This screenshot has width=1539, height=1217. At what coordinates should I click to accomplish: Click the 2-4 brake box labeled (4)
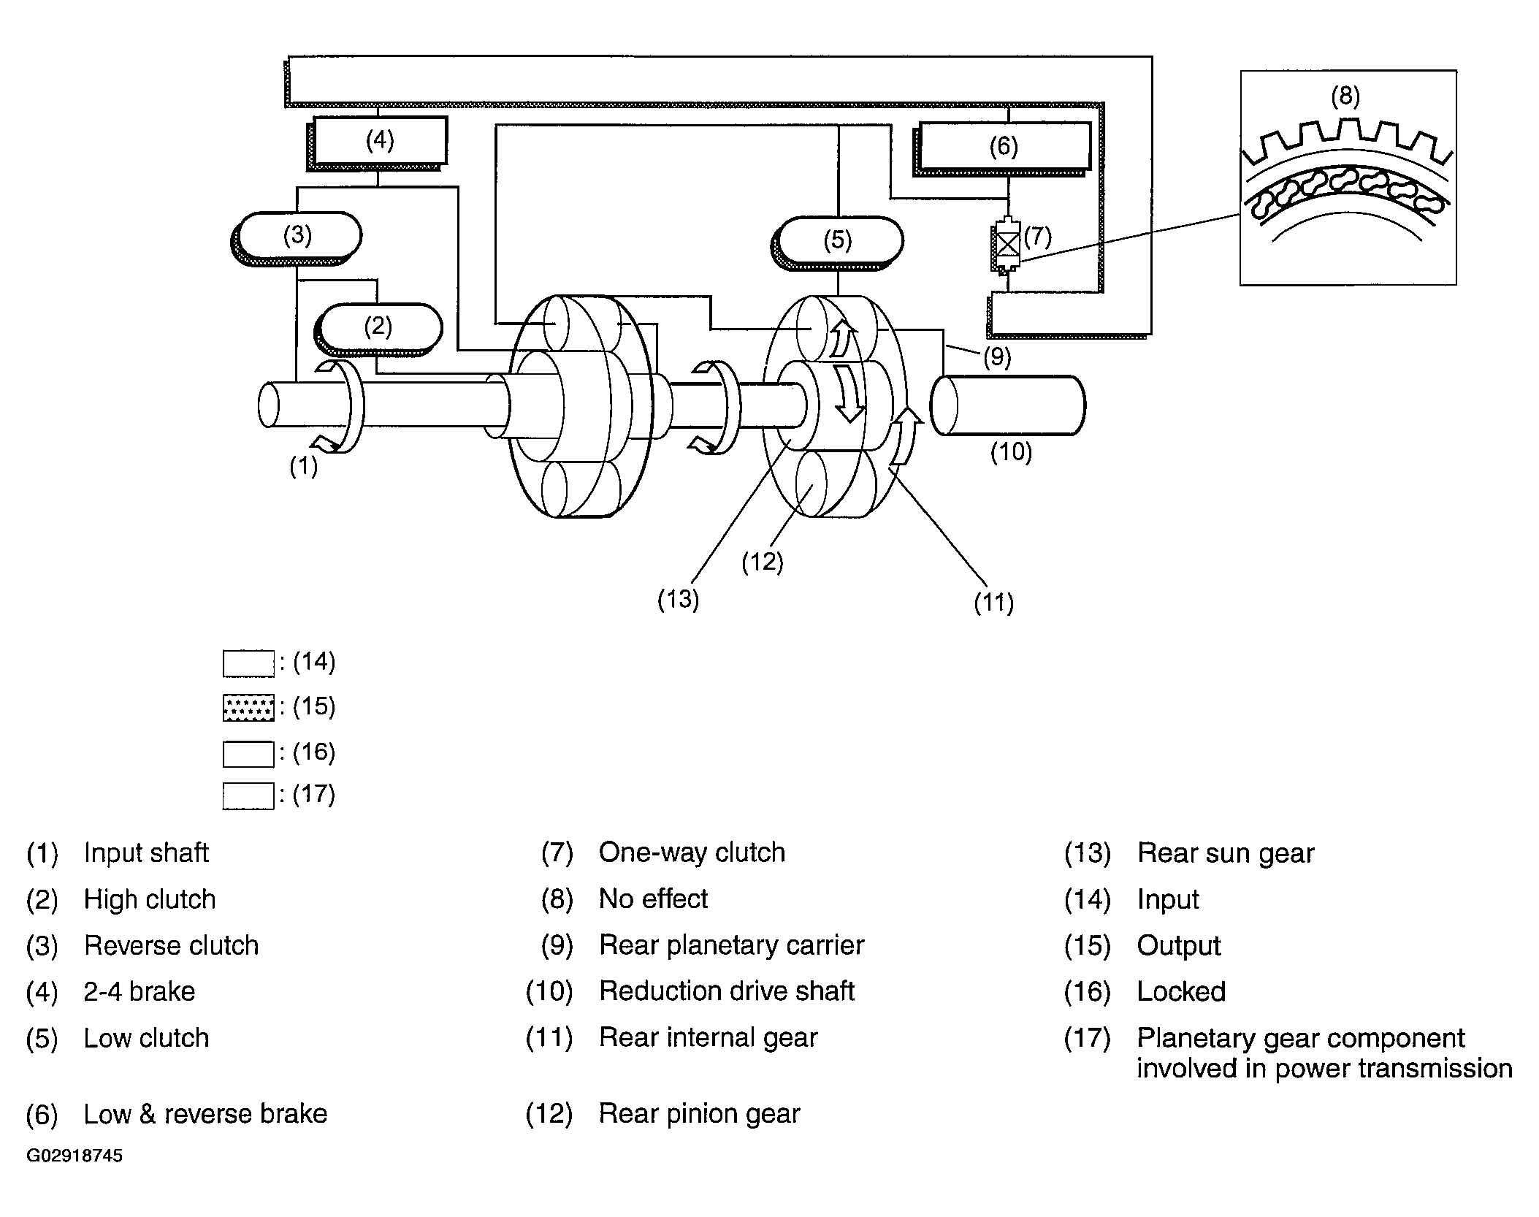(377, 142)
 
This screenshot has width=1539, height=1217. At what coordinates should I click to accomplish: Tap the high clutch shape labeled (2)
(378, 329)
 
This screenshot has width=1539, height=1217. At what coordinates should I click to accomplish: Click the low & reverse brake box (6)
(1001, 148)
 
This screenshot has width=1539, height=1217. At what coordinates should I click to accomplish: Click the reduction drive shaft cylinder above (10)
(1008, 405)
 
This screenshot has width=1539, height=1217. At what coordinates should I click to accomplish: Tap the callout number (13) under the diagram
(679, 600)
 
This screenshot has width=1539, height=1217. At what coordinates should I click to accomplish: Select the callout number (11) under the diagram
(993, 603)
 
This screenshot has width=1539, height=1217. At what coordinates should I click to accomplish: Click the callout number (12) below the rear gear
(763, 562)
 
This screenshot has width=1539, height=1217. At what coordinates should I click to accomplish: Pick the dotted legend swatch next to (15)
(248, 708)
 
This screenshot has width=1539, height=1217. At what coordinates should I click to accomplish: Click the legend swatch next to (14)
(248, 663)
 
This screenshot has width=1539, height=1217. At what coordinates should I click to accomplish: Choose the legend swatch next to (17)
(248, 796)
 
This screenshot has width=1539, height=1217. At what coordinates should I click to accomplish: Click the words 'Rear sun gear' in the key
(1226, 853)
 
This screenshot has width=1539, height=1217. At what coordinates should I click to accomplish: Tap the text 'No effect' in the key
(653, 899)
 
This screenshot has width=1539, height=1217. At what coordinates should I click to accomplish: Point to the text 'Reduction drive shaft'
(727, 991)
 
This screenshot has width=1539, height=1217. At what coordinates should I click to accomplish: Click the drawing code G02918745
(75, 1156)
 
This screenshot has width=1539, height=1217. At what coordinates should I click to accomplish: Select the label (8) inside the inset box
(1345, 96)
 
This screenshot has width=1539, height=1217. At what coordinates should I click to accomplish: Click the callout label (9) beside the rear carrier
(997, 357)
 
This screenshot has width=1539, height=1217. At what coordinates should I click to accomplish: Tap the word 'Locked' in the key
(1181, 992)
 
